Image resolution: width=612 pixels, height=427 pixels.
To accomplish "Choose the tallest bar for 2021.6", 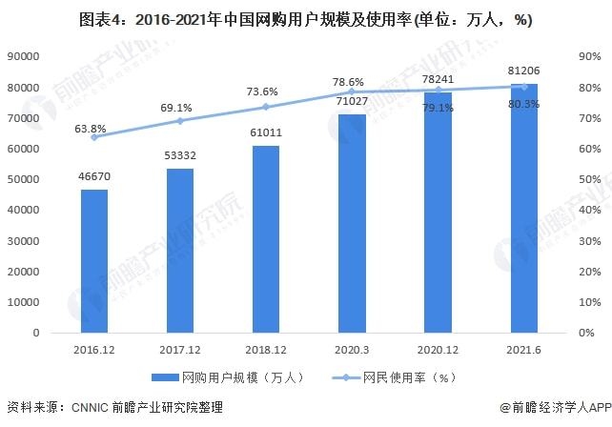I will click(523, 209).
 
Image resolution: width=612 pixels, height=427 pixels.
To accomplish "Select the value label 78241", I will click(438, 80).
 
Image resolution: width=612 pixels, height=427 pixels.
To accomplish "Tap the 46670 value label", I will click(93, 177).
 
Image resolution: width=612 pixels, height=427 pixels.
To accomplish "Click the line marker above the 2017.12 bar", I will click(180, 121).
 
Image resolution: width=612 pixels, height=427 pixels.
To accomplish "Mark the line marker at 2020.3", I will click(352, 91).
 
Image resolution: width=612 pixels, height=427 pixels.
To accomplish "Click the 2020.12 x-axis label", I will click(438, 349).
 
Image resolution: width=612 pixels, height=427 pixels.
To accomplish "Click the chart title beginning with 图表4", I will click(305, 20).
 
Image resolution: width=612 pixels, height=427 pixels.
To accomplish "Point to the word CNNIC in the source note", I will click(97, 408).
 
